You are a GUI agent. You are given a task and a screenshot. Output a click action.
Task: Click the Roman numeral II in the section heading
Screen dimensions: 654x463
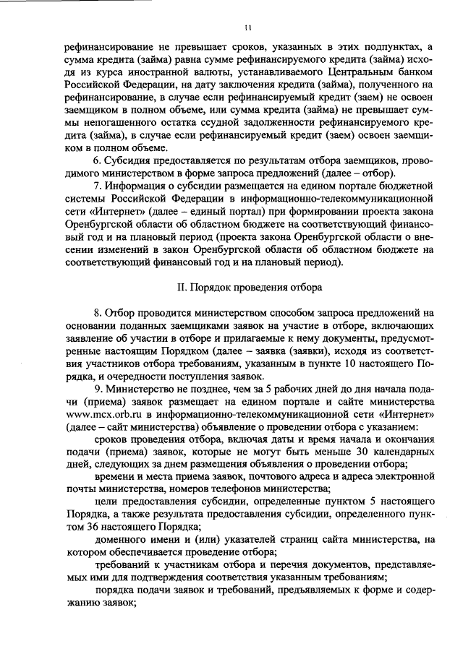pyautogui.click(x=182, y=287)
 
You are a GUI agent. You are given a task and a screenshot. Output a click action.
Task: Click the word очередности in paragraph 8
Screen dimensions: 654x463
pyautogui.click(x=129, y=379)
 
